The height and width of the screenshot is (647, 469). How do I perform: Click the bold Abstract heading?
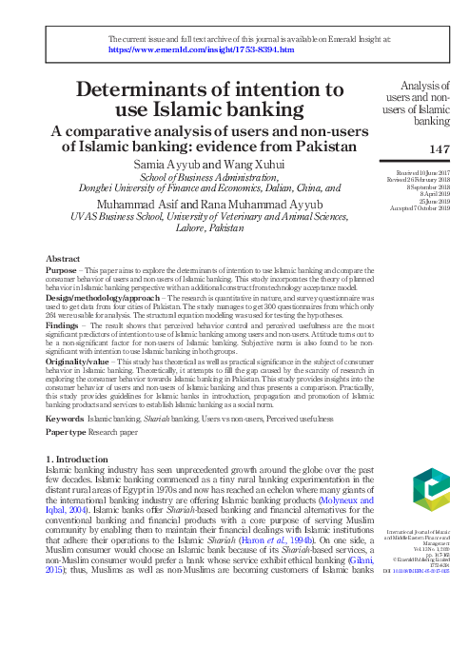(63, 259)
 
